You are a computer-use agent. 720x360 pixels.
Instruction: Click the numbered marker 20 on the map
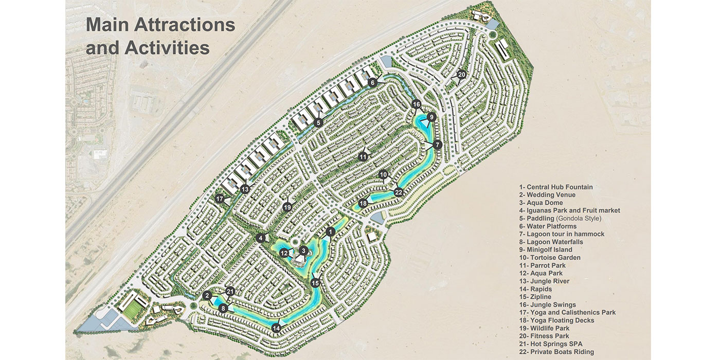pos(461,75)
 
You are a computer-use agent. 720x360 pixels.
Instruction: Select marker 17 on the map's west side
pos(220,199)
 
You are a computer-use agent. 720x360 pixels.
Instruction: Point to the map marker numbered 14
pos(277,328)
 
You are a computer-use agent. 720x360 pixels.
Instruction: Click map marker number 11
pos(363,156)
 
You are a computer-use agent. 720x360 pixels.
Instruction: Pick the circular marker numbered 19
pos(287,207)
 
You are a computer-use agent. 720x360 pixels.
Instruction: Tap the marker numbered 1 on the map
pos(330,232)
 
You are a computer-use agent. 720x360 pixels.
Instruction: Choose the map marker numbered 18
pos(363,204)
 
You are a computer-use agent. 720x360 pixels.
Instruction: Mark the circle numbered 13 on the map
pos(245,189)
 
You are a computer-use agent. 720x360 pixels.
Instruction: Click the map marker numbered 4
pos(261,238)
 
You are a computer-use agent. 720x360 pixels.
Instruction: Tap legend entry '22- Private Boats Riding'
pos(556,352)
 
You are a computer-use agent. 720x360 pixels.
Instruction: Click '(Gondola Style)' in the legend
pos(581,219)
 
